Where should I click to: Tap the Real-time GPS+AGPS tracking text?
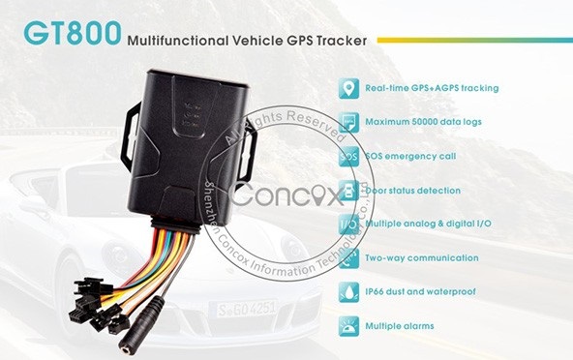coord(432,88)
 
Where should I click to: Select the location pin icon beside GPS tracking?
coord(347,88)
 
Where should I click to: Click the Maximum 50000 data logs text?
coord(424,122)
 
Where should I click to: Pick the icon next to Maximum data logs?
coord(347,122)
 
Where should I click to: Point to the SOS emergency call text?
coord(411,156)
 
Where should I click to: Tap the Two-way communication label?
coord(422,258)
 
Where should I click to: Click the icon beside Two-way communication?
coord(347,258)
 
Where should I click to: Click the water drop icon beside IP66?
coord(347,292)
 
